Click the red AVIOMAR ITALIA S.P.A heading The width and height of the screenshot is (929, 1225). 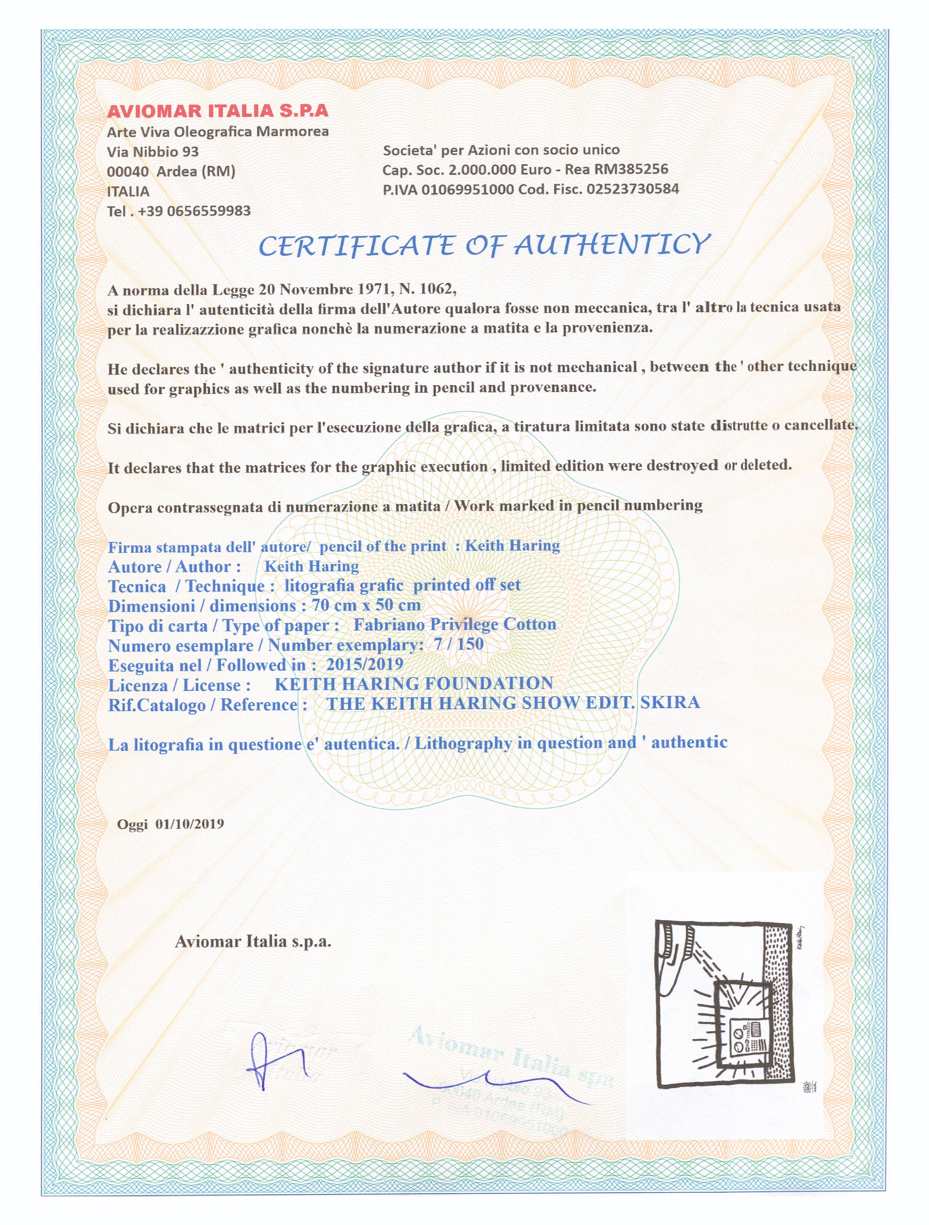tap(217, 111)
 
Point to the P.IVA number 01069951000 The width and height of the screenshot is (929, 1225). tap(468, 190)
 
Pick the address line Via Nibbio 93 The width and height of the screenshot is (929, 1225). tap(153, 152)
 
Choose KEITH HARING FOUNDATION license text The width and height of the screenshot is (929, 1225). tap(414, 684)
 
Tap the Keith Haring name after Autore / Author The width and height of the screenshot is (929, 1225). tap(312, 566)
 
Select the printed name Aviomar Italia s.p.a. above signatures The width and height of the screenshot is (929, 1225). tap(253, 941)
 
